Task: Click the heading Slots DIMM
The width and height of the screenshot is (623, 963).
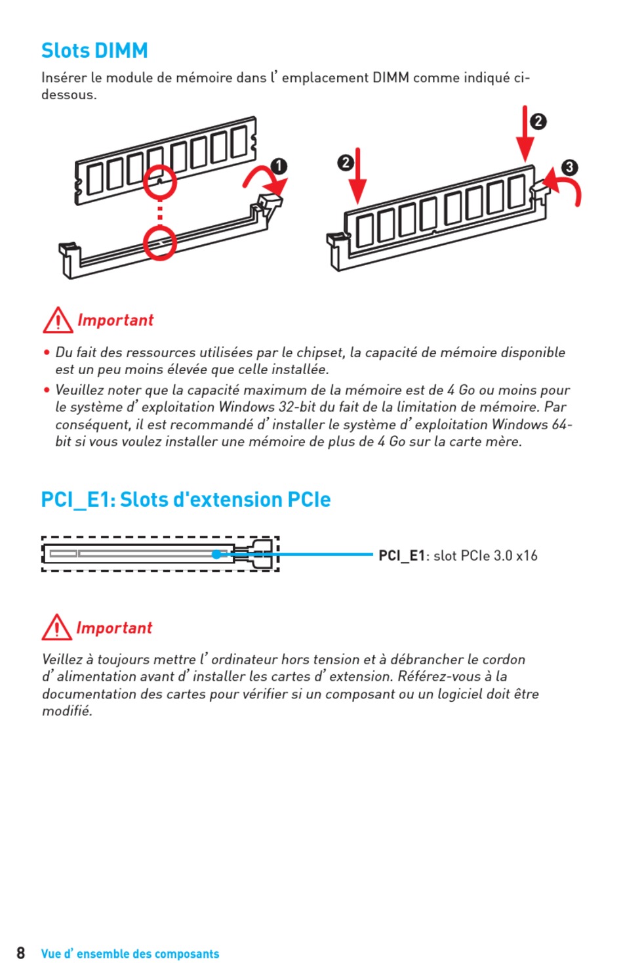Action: click(x=94, y=51)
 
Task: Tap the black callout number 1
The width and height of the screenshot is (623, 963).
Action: click(x=279, y=166)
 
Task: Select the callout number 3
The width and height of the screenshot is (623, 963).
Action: click(x=569, y=167)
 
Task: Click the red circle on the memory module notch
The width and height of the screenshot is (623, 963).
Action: click(x=159, y=181)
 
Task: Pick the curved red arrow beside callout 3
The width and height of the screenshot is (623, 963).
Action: click(x=565, y=187)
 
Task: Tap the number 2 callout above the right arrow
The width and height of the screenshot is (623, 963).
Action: click(x=538, y=121)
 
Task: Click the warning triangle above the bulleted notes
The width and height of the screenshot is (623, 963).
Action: click(x=58, y=320)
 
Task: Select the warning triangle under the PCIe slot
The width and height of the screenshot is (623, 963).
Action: click(x=56, y=628)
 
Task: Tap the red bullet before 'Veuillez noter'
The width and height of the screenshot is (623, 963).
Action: click(x=47, y=390)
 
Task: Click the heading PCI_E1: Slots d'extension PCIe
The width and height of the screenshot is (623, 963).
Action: click(x=186, y=500)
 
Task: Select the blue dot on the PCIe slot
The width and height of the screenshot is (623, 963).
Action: click(x=216, y=555)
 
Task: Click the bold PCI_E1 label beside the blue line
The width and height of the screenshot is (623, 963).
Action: click(x=401, y=556)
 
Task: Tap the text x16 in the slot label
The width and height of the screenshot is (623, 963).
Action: click(x=527, y=556)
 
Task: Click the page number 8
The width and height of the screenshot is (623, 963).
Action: click(x=21, y=953)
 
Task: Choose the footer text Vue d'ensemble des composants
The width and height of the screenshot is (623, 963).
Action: click(x=130, y=954)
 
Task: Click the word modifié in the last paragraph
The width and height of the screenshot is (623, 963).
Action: click(x=67, y=711)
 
